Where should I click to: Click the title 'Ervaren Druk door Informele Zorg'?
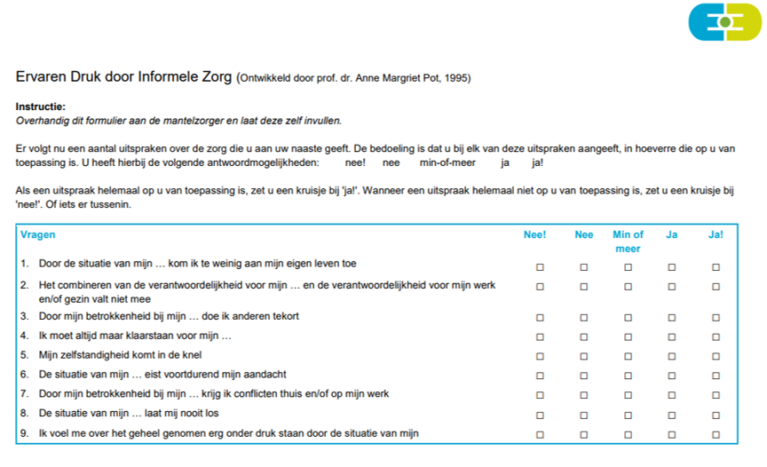click(x=124, y=77)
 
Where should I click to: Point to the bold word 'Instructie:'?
click(x=41, y=107)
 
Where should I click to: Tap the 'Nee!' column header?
click(x=534, y=234)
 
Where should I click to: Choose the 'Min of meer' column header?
click(x=628, y=241)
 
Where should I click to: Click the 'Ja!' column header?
click(x=716, y=234)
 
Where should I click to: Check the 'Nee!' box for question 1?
click(x=540, y=266)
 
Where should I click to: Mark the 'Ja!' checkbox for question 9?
click(x=716, y=434)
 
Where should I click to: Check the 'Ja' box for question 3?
click(x=672, y=317)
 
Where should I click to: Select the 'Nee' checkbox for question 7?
click(x=584, y=396)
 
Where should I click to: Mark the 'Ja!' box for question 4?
click(x=716, y=337)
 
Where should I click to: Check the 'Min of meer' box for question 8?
click(x=628, y=415)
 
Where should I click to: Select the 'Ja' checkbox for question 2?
click(x=672, y=287)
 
